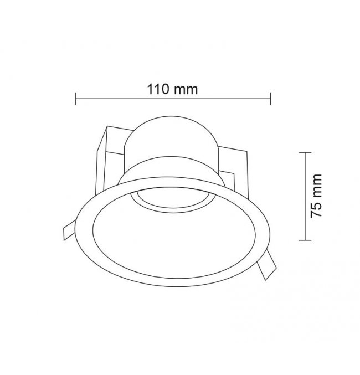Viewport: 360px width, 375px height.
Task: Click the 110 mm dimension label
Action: pyautogui.click(x=172, y=89)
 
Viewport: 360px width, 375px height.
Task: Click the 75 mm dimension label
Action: pyautogui.click(x=316, y=196)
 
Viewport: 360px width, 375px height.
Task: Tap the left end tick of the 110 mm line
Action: pyautogui.click(x=75, y=99)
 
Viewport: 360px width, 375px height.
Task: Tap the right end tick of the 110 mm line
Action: pyautogui.click(x=270, y=99)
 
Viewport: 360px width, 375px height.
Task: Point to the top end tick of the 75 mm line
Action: pyautogui.click(x=305, y=152)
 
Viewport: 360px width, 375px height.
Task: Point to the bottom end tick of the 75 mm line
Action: pyautogui.click(x=305, y=240)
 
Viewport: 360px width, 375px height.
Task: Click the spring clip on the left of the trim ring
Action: pyautogui.click(x=69, y=229)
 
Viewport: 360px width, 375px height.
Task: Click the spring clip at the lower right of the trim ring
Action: pyautogui.click(x=267, y=265)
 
